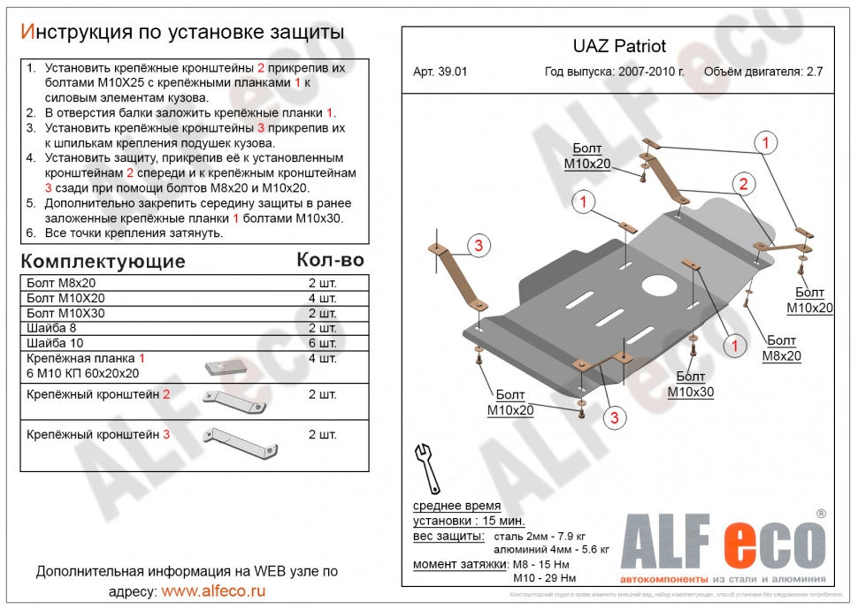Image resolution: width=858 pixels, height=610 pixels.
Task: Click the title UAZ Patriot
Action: coord(614,47)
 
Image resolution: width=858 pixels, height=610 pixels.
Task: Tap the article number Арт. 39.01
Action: coord(440,72)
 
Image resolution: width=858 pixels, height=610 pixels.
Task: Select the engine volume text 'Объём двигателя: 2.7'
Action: coord(762,72)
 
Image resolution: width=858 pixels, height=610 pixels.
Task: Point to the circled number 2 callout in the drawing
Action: coord(743,184)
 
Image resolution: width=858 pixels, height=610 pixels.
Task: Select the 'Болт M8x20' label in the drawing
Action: coord(782,348)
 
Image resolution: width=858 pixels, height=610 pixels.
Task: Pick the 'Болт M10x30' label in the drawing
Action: coord(690,385)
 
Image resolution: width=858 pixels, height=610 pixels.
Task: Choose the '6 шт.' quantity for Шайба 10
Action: coord(322,343)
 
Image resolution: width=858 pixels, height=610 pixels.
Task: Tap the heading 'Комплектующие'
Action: coord(103,261)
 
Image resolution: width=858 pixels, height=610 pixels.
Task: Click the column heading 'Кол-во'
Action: coord(330,260)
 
